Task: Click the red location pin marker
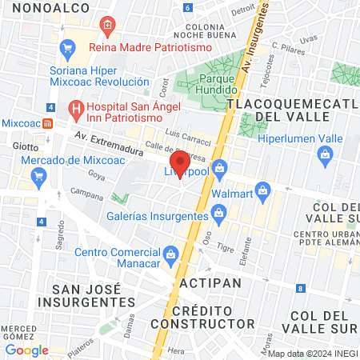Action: (180, 163)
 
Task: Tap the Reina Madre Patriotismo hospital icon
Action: (107, 27)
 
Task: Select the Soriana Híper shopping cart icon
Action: (67, 48)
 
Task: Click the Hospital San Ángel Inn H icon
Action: (76, 106)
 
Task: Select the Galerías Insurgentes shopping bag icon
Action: (218, 213)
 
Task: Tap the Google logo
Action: (26, 350)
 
